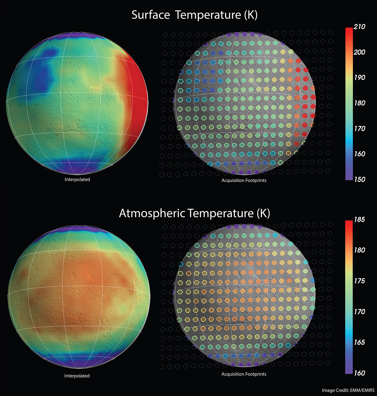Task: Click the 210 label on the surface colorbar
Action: (x=359, y=27)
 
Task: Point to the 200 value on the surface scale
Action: (x=359, y=52)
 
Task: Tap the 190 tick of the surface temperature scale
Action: (x=359, y=77)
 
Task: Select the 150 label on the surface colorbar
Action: (x=359, y=179)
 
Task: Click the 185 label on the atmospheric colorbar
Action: (x=359, y=220)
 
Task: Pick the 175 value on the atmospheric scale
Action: (x=359, y=281)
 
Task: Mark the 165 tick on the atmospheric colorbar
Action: (x=359, y=342)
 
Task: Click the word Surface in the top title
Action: (x=151, y=15)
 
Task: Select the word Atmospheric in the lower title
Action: (x=152, y=213)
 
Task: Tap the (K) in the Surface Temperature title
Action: (x=251, y=15)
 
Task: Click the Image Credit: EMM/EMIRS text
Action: (x=348, y=390)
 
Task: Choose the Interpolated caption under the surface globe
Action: (x=77, y=179)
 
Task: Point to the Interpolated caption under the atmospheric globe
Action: (x=77, y=376)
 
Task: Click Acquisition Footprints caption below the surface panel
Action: (x=244, y=180)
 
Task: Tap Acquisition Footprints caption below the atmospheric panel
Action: (x=244, y=374)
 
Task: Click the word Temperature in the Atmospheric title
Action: (x=220, y=213)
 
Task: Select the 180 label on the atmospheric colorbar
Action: (x=359, y=250)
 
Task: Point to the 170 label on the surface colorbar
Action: (x=359, y=129)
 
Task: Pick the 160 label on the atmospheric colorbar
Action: (x=359, y=373)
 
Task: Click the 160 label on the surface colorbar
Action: (x=359, y=154)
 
